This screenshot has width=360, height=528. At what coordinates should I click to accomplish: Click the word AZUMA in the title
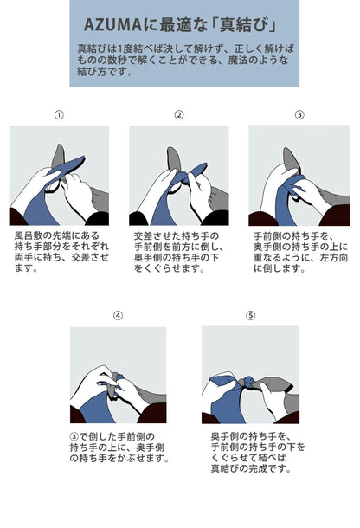[x=112, y=25]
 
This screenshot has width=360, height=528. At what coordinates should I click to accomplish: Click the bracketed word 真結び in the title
[x=244, y=25]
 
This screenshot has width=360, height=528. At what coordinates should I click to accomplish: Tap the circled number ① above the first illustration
[x=59, y=115]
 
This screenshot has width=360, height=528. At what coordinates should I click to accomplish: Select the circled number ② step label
[x=179, y=115]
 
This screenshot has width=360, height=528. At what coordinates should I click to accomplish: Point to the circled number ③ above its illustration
[x=299, y=115]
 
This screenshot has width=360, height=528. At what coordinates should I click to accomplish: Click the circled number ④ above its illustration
[x=118, y=316]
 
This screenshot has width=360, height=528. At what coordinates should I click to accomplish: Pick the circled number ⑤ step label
[x=250, y=316]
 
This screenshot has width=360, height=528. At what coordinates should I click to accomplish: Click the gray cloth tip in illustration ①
[x=60, y=147]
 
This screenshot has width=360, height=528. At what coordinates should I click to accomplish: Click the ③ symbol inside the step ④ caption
[x=74, y=437]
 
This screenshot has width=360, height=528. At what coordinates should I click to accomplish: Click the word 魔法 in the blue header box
[x=238, y=61]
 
